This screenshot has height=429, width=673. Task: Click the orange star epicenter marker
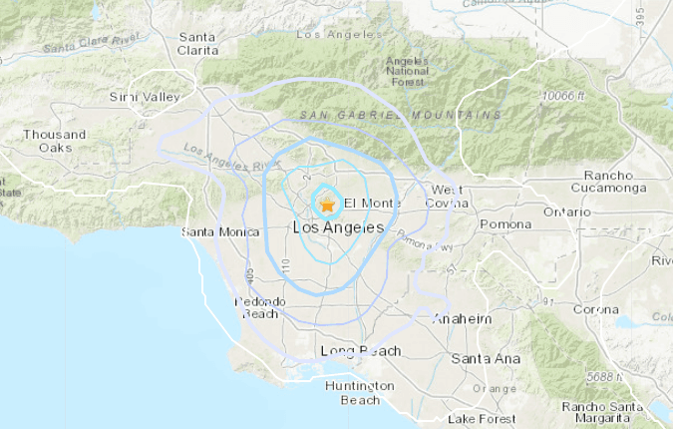click(x=327, y=206)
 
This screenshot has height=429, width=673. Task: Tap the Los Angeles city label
click(x=339, y=228)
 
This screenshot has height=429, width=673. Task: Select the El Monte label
click(x=372, y=205)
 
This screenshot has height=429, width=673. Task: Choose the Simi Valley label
click(x=146, y=97)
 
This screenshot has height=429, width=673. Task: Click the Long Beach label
click(x=361, y=351)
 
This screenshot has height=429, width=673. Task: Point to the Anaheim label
click(x=463, y=319)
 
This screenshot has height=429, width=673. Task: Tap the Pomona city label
click(x=505, y=224)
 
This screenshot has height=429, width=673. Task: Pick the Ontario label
click(x=566, y=212)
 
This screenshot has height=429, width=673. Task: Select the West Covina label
click(x=450, y=197)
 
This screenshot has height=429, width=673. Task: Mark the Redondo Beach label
click(x=260, y=308)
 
